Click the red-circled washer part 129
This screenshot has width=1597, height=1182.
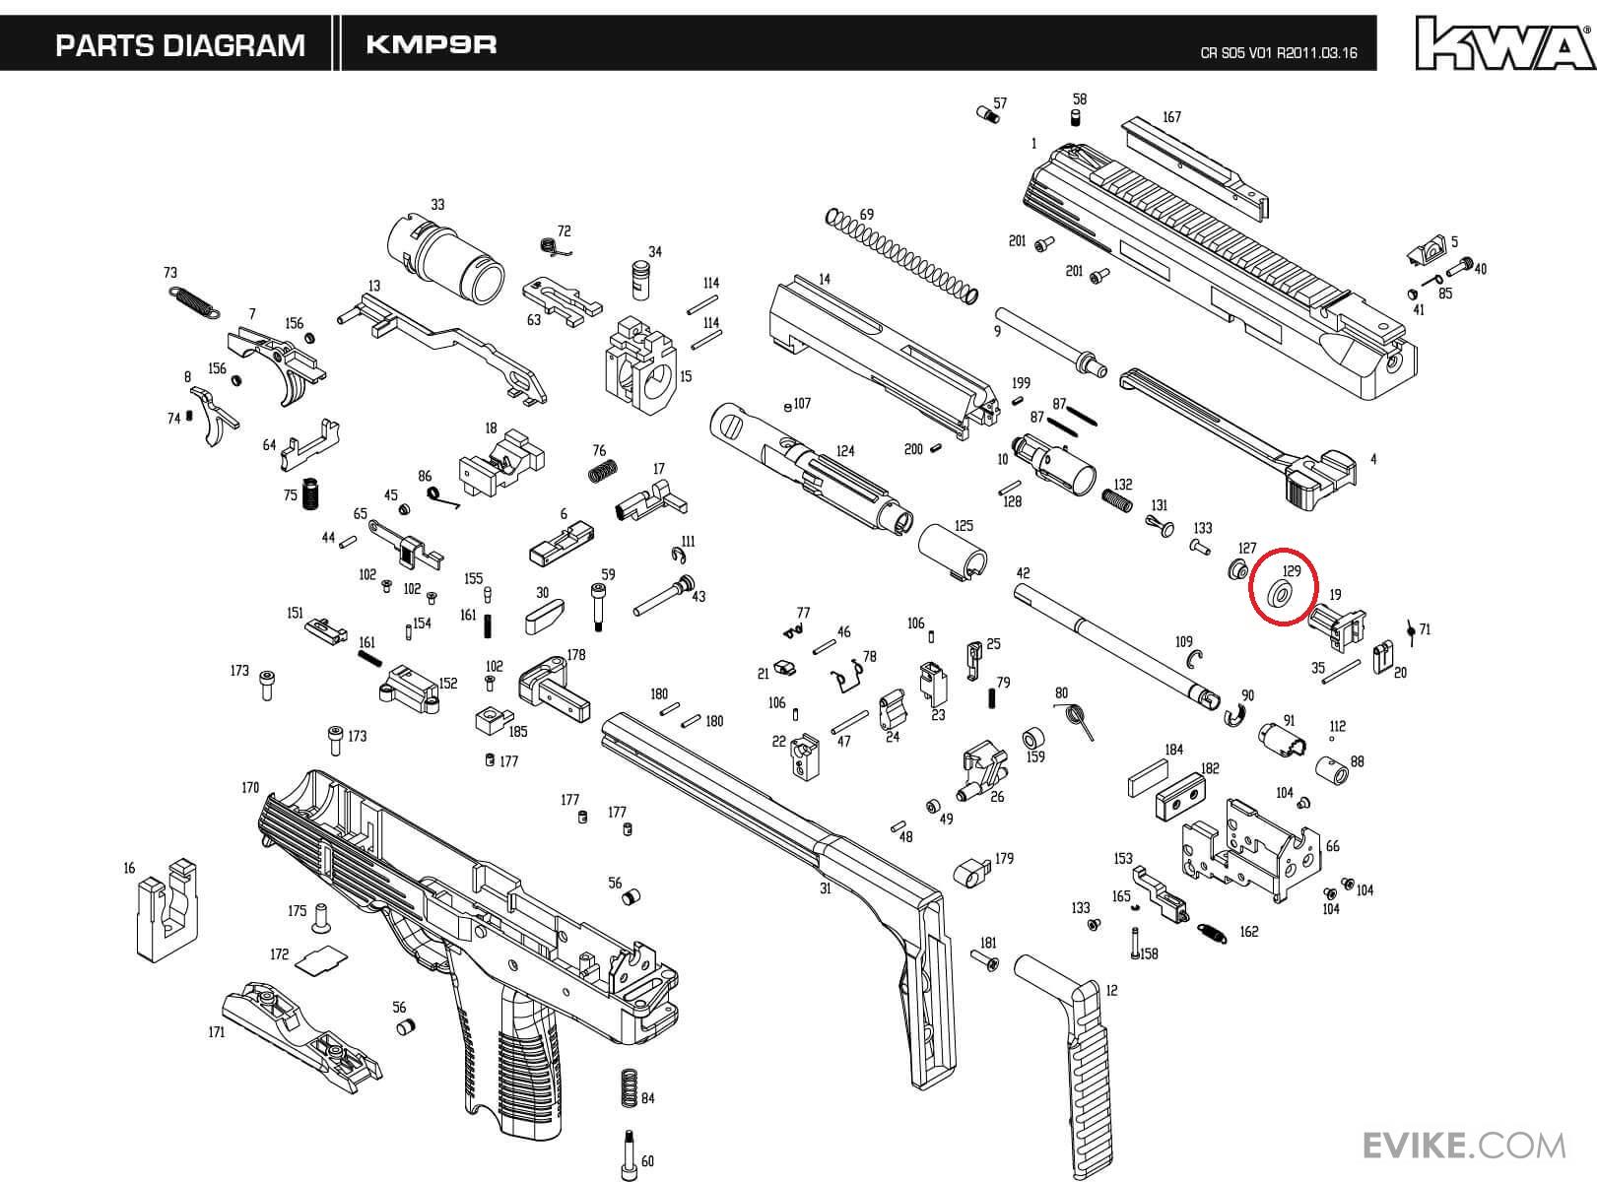pos(1282,595)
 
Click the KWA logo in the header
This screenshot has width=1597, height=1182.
pos(1504,43)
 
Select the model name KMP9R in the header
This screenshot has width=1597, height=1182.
pos(431,44)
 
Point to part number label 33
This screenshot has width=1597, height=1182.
pos(437,205)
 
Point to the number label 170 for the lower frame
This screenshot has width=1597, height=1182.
pos(250,787)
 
